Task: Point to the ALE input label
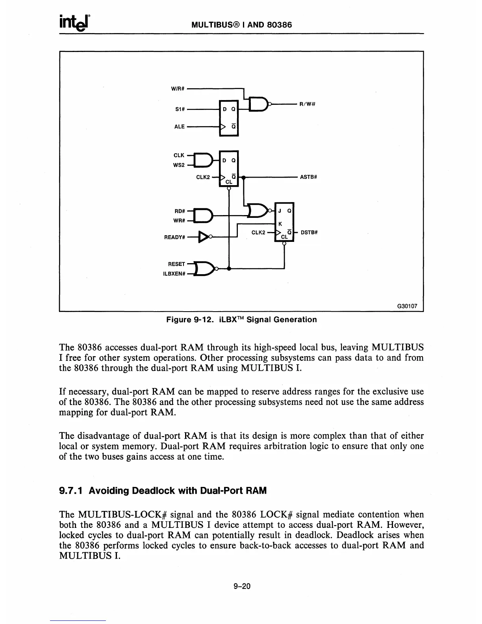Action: (x=179, y=127)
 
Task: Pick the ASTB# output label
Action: (x=308, y=177)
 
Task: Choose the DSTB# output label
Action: (x=309, y=232)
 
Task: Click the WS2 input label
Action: (x=179, y=165)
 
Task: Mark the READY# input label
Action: (x=174, y=238)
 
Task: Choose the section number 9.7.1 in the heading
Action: (x=71, y=491)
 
